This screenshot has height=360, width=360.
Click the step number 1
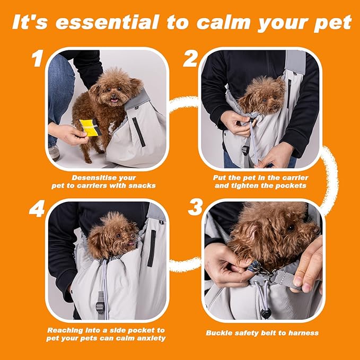(x=36, y=59)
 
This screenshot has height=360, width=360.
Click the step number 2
(x=190, y=59)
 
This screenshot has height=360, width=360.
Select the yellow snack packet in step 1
(x=89, y=128)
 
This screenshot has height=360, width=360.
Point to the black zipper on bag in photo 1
(x=138, y=131)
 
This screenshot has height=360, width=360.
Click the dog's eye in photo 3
(x=291, y=227)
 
